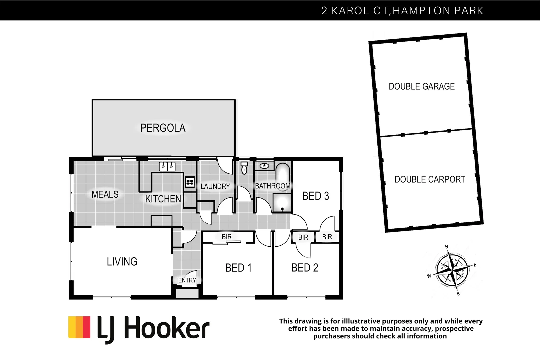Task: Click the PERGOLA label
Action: (163, 128)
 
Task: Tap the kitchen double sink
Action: (167, 166)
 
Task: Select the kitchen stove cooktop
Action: (190, 182)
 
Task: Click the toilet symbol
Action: (244, 168)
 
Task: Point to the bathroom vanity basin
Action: (265, 166)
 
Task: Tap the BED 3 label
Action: (315, 196)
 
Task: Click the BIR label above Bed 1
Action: (227, 237)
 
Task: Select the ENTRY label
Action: (187, 280)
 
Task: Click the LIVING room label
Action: (122, 262)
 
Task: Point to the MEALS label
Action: (105, 194)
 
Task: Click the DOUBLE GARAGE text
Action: (422, 87)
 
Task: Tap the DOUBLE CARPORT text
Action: (430, 180)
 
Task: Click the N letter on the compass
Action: (447, 247)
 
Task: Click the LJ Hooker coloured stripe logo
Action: (79, 327)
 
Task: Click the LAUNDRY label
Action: (215, 187)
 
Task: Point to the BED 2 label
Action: (305, 268)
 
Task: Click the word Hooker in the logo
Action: (167, 329)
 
